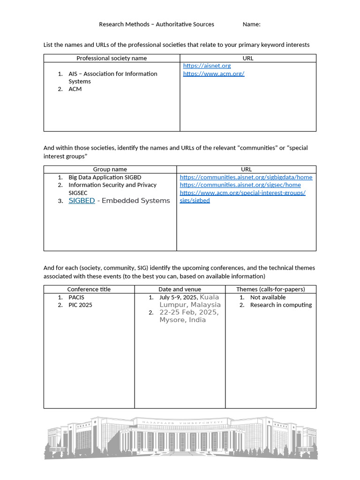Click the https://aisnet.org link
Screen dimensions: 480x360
(x=207, y=66)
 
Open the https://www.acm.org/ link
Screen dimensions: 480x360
(x=214, y=74)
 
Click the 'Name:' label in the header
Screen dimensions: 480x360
(x=252, y=24)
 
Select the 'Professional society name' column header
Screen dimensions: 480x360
(x=112, y=58)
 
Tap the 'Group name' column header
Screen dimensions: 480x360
(x=110, y=169)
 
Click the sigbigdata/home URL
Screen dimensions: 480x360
(x=246, y=177)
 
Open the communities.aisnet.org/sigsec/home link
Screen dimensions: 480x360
(x=240, y=185)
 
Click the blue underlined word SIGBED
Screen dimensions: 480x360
(x=82, y=201)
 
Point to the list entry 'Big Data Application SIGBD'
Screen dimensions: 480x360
(x=105, y=177)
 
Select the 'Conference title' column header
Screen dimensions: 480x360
(x=89, y=289)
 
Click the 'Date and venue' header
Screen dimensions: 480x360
(x=180, y=289)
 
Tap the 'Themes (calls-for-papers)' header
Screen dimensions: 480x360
(x=270, y=289)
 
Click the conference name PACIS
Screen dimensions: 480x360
(x=76, y=297)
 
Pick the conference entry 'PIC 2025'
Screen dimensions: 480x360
(x=80, y=305)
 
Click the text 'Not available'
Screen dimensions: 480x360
(x=268, y=297)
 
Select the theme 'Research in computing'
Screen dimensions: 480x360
(x=281, y=305)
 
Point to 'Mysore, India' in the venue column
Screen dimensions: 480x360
(x=182, y=320)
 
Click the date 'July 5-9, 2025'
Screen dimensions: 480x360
(x=179, y=297)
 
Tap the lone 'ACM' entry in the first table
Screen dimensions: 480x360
(x=75, y=89)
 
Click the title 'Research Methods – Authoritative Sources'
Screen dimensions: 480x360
(x=157, y=24)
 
